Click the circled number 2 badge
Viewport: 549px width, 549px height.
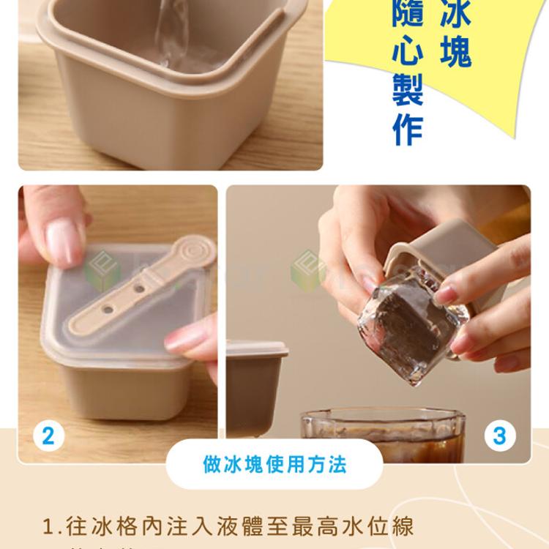tap(48, 436)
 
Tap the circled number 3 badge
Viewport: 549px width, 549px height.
tap(499, 436)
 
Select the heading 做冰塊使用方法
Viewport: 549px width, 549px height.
tap(274, 464)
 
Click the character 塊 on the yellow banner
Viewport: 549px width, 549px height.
tap(455, 51)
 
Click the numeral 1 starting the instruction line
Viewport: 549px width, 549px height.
tap(49, 526)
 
